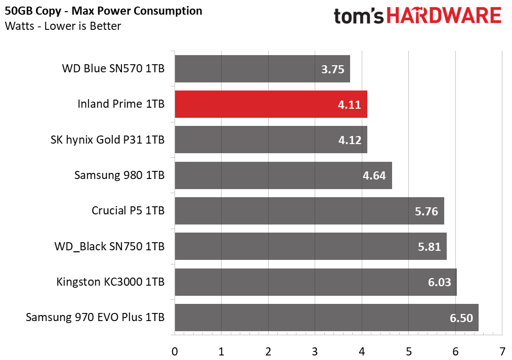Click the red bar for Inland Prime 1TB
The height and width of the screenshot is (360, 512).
pyautogui.click(x=271, y=104)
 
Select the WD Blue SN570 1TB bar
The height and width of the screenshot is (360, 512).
pyautogui.click(x=262, y=69)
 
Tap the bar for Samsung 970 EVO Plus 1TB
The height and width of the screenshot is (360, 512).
pyautogui.click(x=326, y=318)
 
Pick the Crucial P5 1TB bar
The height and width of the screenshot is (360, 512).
pyautogui.click(x=309, y=211)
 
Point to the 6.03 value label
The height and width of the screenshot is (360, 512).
pyautogui.click(x=439, y=282)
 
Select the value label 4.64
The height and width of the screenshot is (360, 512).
pyautogui.click(x=374, y=175)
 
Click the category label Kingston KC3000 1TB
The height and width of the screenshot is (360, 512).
pyautogui.click(x=110, y=282)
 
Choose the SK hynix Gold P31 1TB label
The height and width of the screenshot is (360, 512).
pyautogui.click(x=108, y=140)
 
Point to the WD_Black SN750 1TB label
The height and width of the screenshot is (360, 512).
pyautogui.click(x=109, y=247)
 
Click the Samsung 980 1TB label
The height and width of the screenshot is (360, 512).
pyautogui.click(x=119, y=175)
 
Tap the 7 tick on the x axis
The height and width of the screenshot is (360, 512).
pyautogui.click(x=502, y=351)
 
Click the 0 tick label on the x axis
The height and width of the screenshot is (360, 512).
pyautogui.click(x=175, y=351)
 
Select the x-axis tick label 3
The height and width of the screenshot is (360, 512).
pyautogui.click(x=315, y=351)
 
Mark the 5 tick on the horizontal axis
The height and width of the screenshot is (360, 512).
pyautogui.click(x=409, y=351)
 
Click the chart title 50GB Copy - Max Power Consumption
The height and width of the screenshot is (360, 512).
pyautogui.click(x=104, y=11)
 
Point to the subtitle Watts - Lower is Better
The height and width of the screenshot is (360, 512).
pyautogui.click(x=63, y=26)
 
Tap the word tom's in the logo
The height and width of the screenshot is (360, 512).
pyautogui.click(x=361, y=16)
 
